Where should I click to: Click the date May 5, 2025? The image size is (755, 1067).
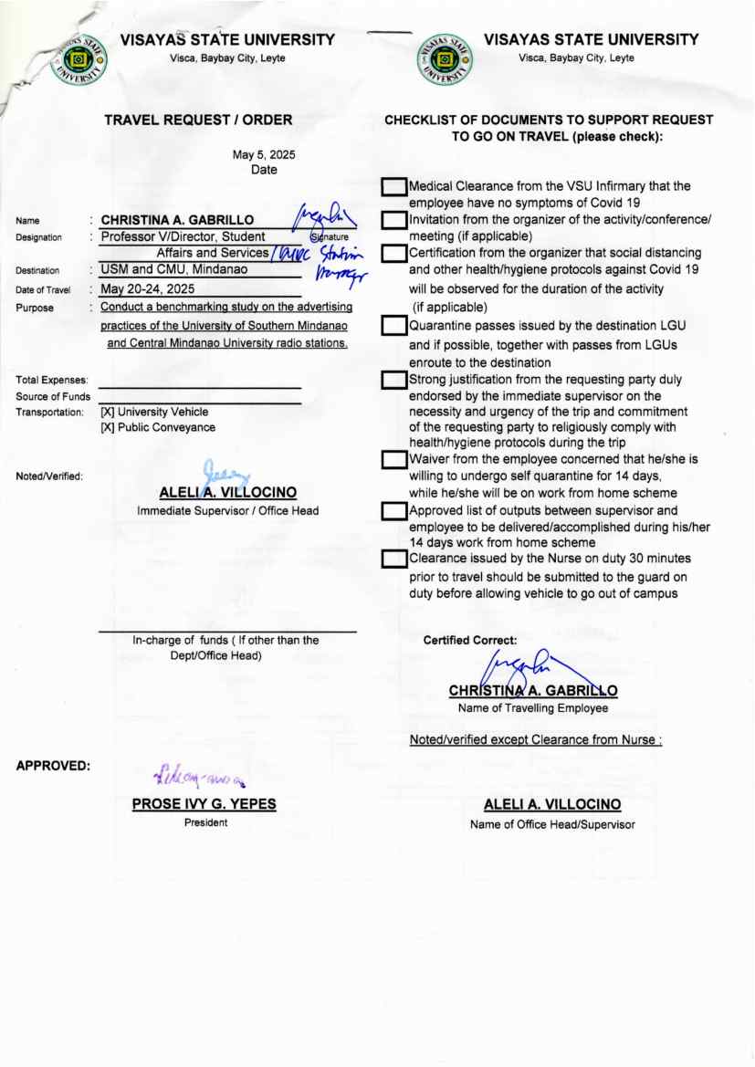(x=264, y=154)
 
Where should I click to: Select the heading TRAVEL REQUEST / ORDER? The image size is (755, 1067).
(x=198, y=120)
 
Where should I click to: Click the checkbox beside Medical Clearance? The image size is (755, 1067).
(x=393, y=187)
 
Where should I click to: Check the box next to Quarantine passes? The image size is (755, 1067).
(x=393, y=326)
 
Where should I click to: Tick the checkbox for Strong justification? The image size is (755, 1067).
(x=393, y=379)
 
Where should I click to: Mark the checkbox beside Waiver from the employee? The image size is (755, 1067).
(x=393, y=460)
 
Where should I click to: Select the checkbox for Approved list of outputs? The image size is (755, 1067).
(x=393, y=510)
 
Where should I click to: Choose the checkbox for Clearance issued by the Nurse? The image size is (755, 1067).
(x=393, y=559)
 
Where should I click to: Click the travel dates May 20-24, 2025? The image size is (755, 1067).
(x=150, y=289)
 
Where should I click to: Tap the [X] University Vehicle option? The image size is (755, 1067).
(x=154, y=413)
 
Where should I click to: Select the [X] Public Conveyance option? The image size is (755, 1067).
(x=158, y=427)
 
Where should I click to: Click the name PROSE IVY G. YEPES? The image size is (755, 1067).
(x=204, y=805)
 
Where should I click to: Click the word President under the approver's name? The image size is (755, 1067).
(x=205, y=822)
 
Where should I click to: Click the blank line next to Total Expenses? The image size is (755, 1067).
(x=200, y=388)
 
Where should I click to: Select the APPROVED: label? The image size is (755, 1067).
(x=53, y=767)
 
